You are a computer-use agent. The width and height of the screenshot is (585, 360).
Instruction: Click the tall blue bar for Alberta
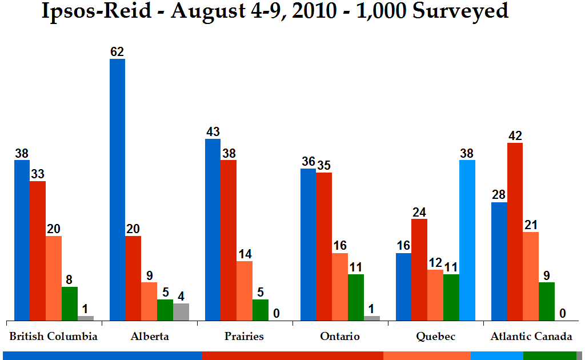tap(117, 189)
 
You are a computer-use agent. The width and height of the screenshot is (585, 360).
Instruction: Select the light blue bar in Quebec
tap(467, 240)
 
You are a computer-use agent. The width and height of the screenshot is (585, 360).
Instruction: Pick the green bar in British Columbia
tap(70, 303)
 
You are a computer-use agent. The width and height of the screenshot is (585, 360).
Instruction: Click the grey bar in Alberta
tap(181, 312)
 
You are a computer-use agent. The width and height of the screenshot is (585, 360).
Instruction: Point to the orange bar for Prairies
tap(245, 291)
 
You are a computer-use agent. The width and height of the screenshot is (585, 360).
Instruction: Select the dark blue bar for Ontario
tap(308, 245)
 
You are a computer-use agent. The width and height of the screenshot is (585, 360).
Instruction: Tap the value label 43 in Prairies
tap(213, 132)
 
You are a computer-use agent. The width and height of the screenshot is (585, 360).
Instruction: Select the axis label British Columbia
tap(53, 336)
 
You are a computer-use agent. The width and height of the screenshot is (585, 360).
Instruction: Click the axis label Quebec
tap(436, 336)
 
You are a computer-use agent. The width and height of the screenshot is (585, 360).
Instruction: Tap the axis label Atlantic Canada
tap(531, 336)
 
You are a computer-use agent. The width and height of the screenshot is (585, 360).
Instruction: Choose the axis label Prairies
tap(245, 336)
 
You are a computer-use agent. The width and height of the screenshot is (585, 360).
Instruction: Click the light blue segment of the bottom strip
tap(496, 355)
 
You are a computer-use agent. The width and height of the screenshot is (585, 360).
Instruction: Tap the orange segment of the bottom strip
tap(427, 355)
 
